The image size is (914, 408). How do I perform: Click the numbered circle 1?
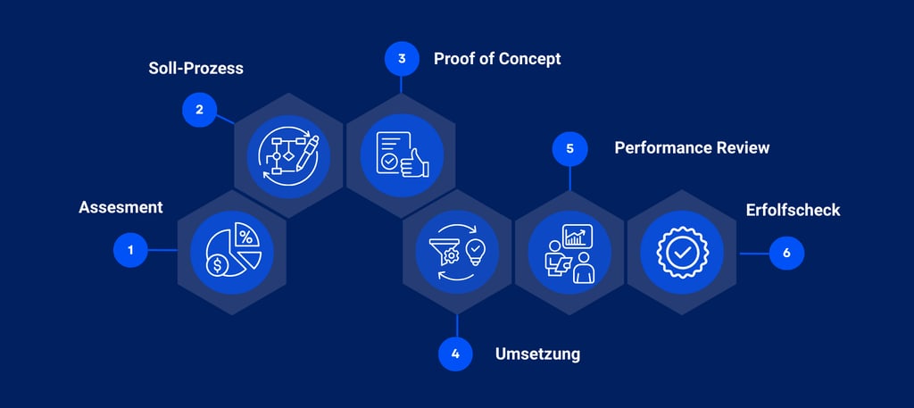130,250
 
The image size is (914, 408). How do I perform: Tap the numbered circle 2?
199,110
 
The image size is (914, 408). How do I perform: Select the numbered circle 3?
402,60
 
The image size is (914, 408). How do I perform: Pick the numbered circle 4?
455,354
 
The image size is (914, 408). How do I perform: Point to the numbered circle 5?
569,149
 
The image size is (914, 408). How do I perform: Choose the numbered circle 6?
786,253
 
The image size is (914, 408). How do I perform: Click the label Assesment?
120,207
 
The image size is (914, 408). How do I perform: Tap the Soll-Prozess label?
195,68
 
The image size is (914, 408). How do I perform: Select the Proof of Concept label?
497,59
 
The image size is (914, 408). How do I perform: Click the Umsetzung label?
537,354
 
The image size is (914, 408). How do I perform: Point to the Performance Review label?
692,147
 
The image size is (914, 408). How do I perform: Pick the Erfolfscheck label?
793,211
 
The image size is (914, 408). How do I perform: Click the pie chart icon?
232,252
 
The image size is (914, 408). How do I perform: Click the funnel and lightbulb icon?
457,252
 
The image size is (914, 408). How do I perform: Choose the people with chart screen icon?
570,252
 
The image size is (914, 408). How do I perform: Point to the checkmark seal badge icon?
683,252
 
